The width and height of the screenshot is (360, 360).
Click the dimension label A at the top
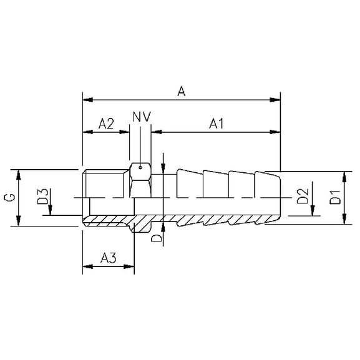181,91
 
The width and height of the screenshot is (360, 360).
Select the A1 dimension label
216,124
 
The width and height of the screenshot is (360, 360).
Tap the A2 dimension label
106,124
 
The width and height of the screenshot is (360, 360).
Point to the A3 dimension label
109,257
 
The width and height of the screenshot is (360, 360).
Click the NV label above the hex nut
142,117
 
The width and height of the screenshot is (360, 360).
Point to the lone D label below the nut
157,238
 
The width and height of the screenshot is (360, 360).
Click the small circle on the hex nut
142,167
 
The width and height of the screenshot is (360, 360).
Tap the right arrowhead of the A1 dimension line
275,132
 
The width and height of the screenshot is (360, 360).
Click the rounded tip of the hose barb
278,197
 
